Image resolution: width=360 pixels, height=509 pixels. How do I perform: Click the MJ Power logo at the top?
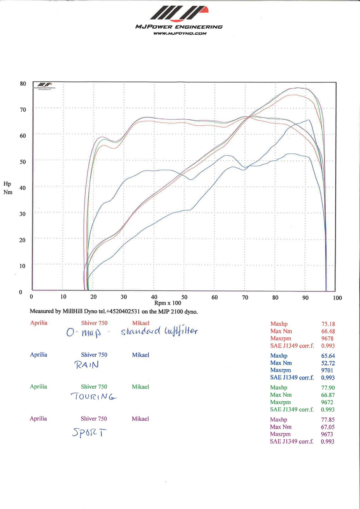179,14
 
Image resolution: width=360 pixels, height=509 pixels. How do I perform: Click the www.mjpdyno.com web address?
180,33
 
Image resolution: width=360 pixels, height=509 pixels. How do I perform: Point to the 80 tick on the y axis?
23,84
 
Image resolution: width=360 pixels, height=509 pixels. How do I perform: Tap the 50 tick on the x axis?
184,297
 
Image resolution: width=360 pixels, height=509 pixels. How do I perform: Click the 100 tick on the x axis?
337,298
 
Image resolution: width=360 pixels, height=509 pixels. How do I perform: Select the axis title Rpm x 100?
168,303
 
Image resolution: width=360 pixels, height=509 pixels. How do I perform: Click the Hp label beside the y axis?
7,184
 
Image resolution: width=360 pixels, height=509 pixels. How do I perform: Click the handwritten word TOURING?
93,397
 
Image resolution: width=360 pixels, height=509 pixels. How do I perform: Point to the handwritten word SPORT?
89,432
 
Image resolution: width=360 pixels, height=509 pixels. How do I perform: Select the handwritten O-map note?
84,332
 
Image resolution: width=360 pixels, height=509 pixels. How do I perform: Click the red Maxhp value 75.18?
328,324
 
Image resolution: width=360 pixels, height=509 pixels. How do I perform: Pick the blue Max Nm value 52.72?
328,363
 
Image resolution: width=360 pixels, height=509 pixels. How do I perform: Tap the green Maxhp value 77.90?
328,387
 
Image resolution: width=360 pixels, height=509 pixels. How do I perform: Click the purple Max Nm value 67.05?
328,427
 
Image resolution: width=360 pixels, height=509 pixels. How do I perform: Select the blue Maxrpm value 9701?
327,370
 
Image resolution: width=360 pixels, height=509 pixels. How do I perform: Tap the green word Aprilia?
38,387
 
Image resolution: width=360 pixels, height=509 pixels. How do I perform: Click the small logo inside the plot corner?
45,85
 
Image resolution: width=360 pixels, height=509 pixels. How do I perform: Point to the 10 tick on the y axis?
22,266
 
